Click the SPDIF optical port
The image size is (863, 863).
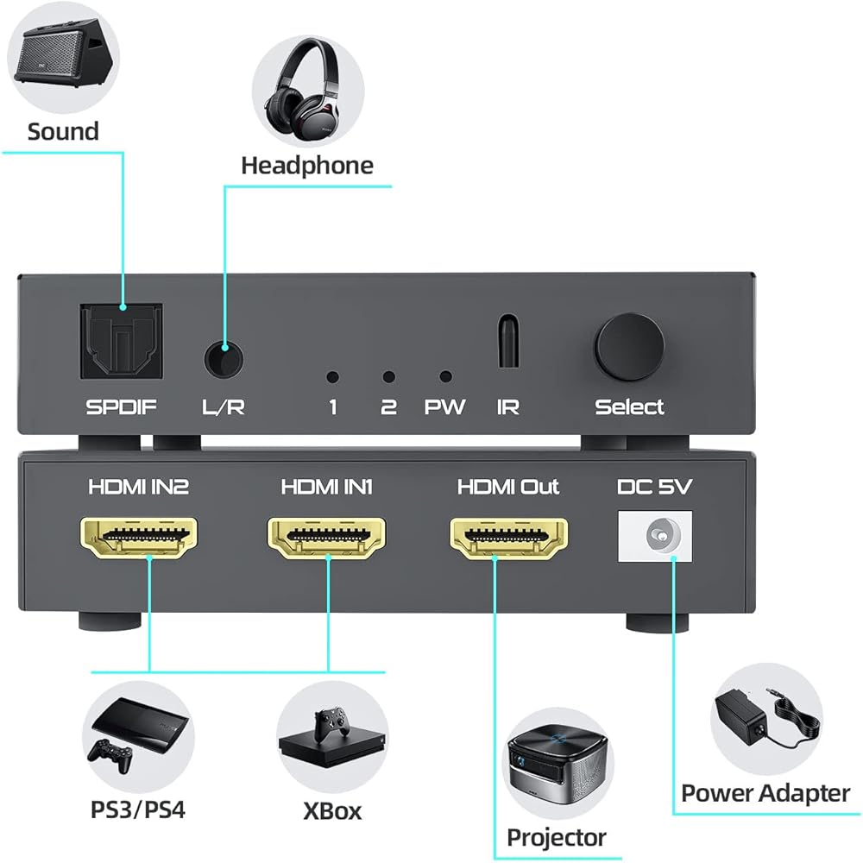(x=120, y=343)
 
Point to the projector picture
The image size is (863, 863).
(x=557, y=765)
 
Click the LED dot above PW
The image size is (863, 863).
(x=445, y=376)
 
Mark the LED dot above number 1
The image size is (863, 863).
(x=331, y=377)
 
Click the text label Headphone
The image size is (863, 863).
(x=306, y=165)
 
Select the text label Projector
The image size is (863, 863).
(x=556, y=836)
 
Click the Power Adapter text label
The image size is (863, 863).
(x=765, y=792)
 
